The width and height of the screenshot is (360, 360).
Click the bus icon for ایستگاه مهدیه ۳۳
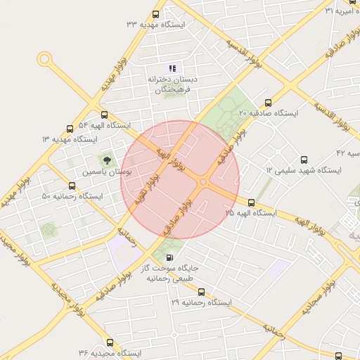[x=155, y=13]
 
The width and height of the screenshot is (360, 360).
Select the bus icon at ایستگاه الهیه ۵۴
[x=105, y=115]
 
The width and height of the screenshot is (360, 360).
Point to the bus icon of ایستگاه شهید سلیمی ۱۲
[x=304, y=160]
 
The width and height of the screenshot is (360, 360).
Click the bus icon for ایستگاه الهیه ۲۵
[x=252, y=202]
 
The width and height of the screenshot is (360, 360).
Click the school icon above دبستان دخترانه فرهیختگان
[x=172, y=69]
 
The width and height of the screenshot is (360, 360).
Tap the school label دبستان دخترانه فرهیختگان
[x=172, y=84]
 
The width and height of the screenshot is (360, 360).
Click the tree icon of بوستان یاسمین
[x=107, y=160]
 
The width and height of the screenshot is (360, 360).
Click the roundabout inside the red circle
[x=203, y=183]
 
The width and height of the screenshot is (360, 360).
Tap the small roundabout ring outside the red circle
[x=46, y=60]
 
